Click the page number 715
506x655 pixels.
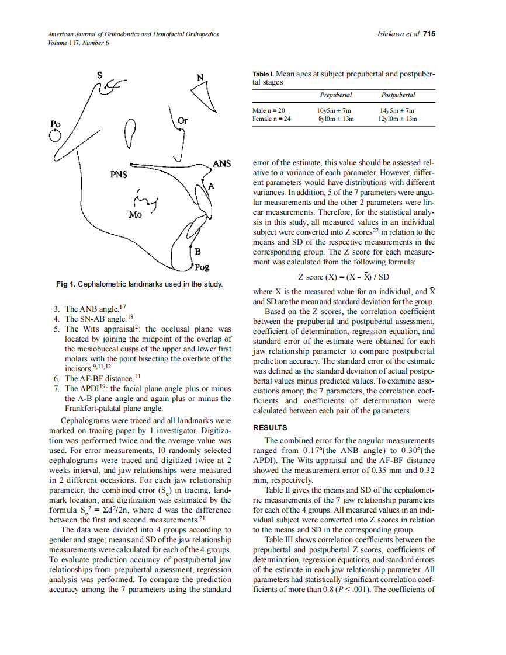429,34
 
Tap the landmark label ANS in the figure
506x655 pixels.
222,163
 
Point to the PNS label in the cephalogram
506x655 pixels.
119,174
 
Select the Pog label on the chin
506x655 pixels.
202,267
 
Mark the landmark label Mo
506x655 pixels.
135,214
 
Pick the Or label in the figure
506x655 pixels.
183,121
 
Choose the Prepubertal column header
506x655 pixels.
336,95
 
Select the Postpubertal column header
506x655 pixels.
398,95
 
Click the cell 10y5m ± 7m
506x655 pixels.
334,110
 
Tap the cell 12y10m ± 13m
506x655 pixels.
398,119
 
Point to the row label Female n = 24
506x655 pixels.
271,119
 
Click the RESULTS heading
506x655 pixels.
269,428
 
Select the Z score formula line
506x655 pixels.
344,277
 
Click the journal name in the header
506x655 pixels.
133,34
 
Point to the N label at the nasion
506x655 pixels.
200,77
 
